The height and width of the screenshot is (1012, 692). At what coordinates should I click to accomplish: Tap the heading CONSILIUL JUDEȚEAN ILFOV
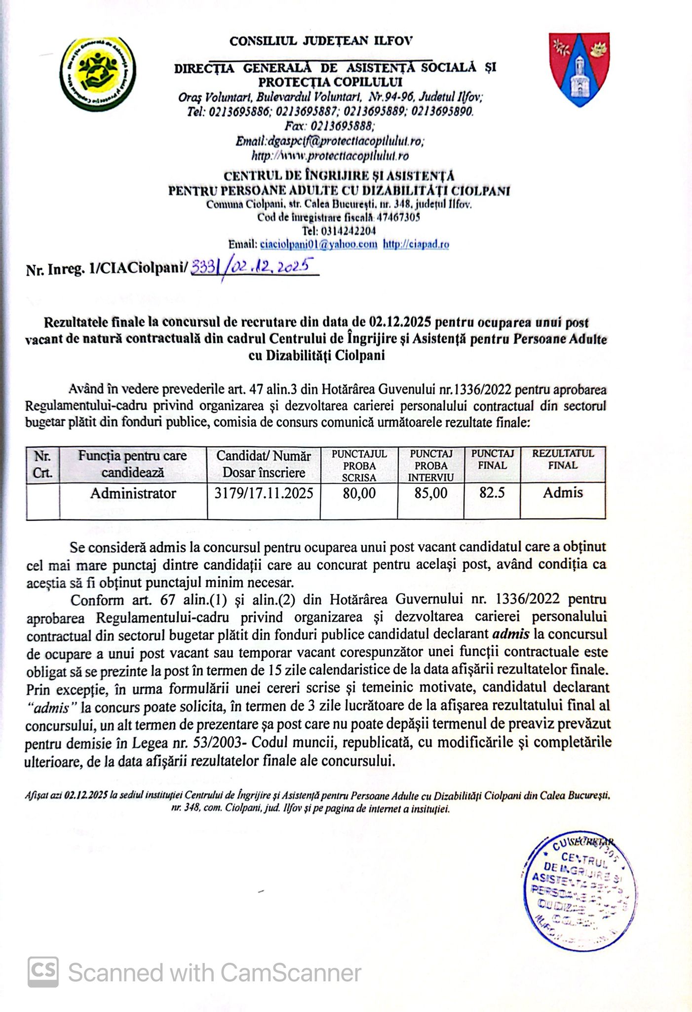point(321,41)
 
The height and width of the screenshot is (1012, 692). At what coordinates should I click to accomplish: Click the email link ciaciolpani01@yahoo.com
point(318,244)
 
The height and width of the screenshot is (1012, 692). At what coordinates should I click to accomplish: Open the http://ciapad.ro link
point(416,244)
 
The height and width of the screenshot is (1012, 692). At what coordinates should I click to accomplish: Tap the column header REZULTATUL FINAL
point(563,460)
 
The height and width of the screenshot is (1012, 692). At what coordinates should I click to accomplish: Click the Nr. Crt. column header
point(43,464)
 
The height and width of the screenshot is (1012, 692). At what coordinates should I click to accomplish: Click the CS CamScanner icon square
point(43,972)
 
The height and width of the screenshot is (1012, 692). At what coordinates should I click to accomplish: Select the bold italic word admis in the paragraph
point(511,634)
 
